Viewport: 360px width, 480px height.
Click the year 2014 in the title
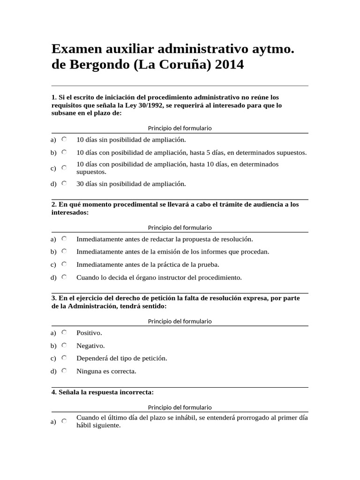pos(230,65)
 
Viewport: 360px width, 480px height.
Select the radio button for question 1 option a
pos(64,139)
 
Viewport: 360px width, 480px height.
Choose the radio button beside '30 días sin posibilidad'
pos(64,183)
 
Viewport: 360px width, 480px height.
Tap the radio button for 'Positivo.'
pos(64,332)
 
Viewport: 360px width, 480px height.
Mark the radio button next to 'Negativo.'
pos(64,345)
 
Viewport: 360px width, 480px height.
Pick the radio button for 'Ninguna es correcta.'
pos(64,371)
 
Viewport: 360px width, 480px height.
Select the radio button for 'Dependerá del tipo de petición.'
pos(64,358)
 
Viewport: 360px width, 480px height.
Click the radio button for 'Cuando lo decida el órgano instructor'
pos(64,277)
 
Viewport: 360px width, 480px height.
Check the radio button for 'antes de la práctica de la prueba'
pos(64,264)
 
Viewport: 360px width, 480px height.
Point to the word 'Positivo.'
pos(89,333)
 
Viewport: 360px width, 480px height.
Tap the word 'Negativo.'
pos(90,346)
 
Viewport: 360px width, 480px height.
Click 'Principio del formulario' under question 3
pos(180,321)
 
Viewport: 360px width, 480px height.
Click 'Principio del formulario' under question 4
pos(180,407)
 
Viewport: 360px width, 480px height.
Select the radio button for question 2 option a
pos(64,239)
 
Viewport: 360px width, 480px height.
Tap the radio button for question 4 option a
pos(64,421)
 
